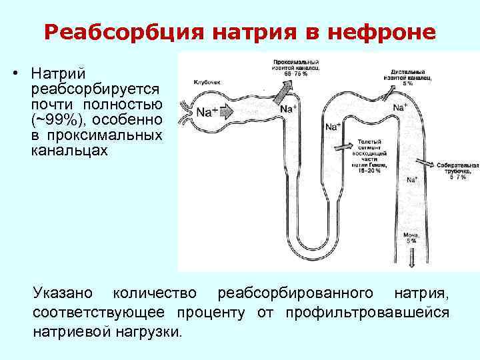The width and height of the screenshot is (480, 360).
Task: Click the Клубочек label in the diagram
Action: point(207,82)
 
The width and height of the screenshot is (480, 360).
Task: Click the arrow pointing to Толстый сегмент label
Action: point(347,144)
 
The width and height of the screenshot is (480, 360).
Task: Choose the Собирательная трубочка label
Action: point(457,169)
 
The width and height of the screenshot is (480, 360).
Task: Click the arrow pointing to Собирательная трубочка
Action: point(424,164)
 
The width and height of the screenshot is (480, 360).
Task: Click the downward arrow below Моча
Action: point(411,257)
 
